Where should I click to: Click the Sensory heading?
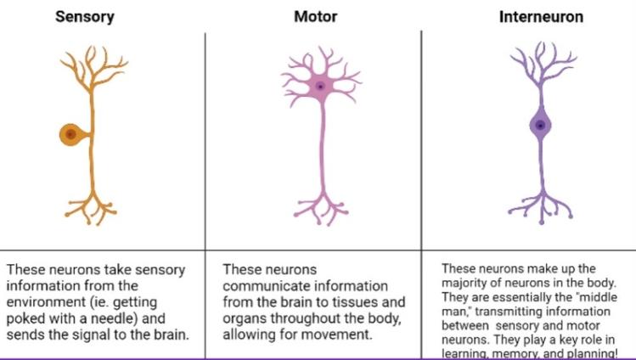[85, 16]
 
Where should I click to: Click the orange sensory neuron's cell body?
[70, 133]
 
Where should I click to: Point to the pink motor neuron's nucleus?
[320, 86]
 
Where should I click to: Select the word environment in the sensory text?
[47, 302]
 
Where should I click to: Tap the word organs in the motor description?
[245, 318]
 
